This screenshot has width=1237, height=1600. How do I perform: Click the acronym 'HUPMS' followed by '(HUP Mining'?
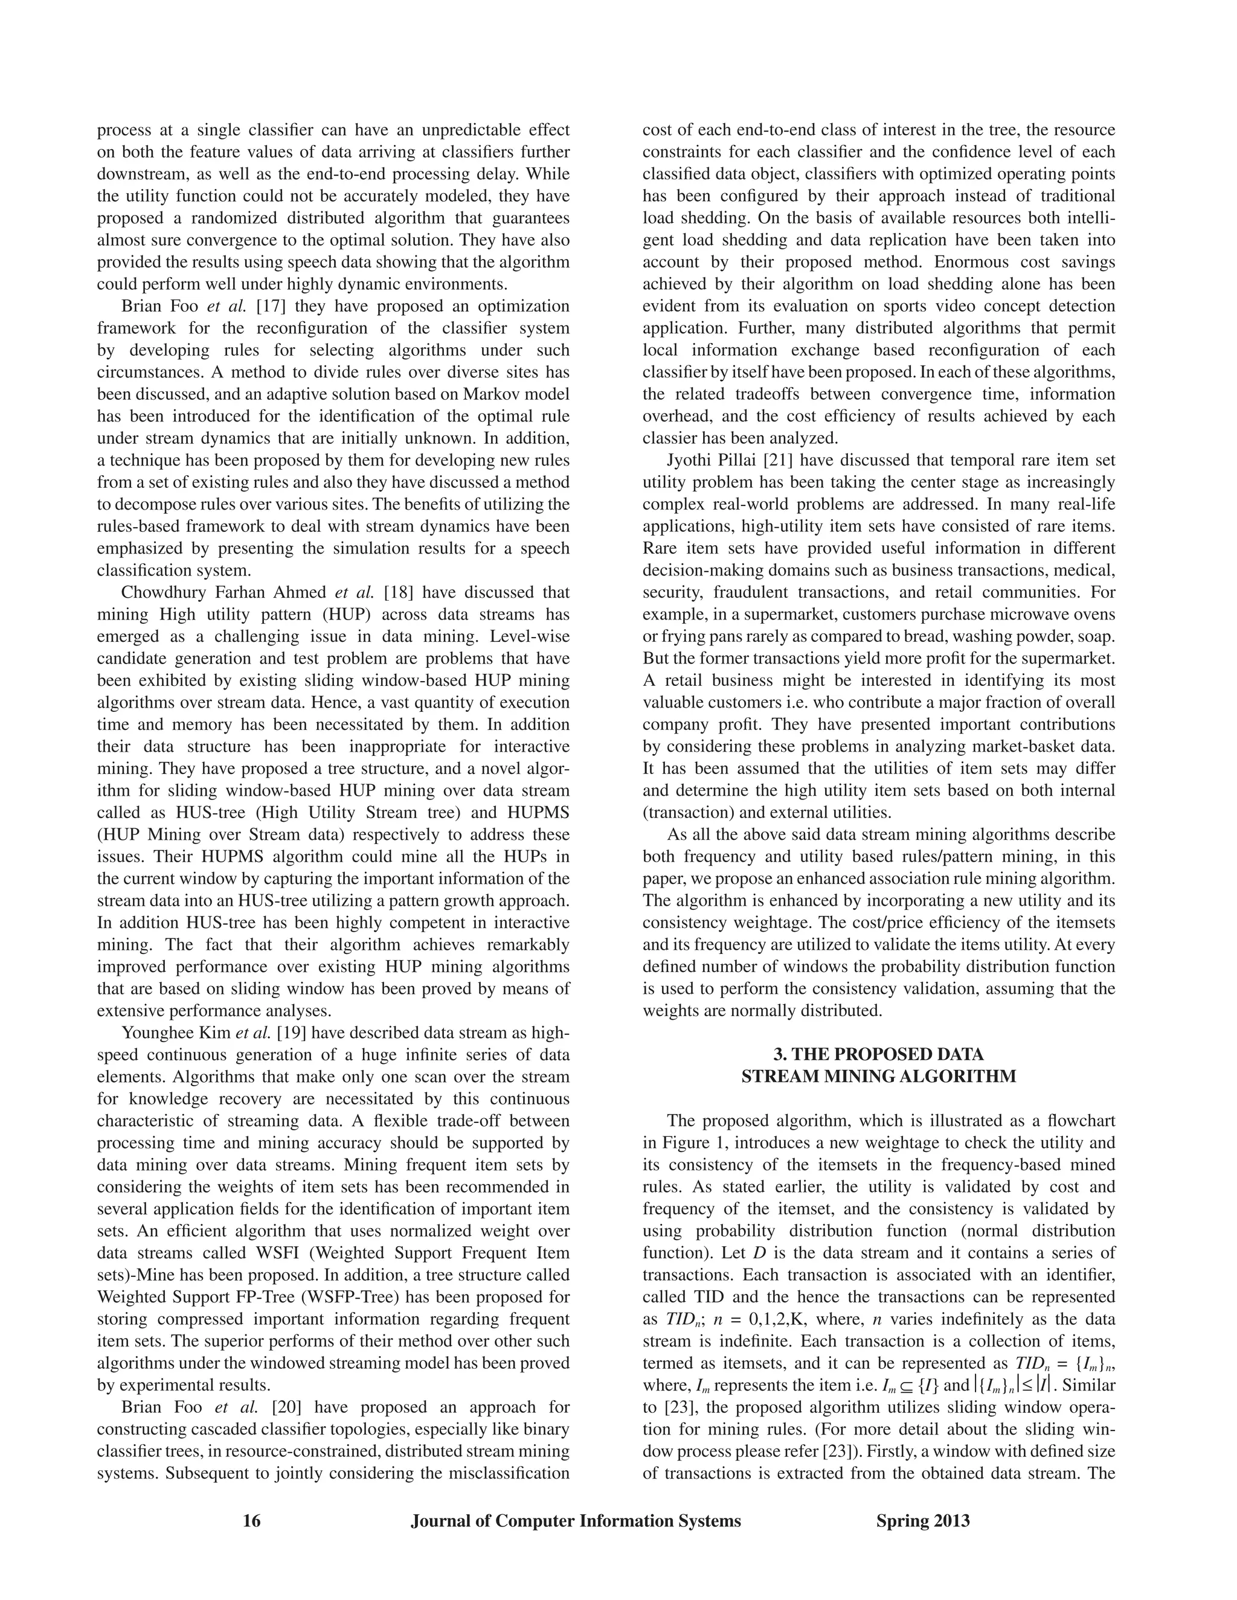(535, 813)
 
